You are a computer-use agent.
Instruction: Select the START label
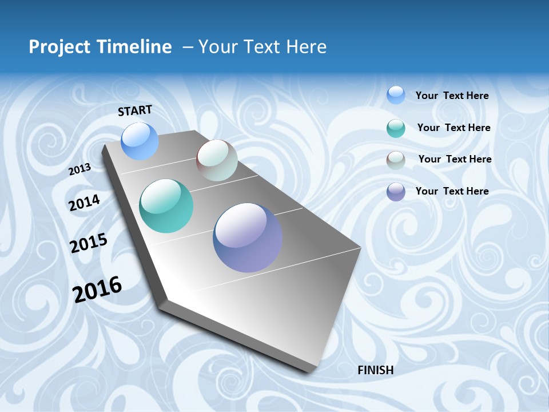pyautogui.click(x=135, y=110)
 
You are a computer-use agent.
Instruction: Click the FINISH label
pyautogui.click(x=376, y=370)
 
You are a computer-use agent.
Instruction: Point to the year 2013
pyautogui.click(x=80, y=169)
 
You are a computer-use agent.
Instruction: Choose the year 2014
pyautogui.click(x=85, y=203)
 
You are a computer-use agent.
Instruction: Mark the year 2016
pyautogui.click(x=97, y=290)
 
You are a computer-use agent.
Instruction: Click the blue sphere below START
pyautogui.click(x=140, y=141)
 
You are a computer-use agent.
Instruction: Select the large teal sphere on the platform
pyautogui.click(x=166, y=206)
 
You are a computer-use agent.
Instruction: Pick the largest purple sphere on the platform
pyautogui.click(x=248, y=237)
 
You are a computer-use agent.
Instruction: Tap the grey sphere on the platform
pyautogui.click(x=217, y=160)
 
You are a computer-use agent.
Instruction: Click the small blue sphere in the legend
pyautogui.click(x=396, y=95)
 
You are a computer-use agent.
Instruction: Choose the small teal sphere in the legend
pyautogui.click(x=396, y=128)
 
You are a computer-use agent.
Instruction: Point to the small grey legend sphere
pyautogui.click(x=396, y=160)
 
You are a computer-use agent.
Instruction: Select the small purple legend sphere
pyautogui.click(x=396, y=192)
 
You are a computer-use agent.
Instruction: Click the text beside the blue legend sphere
pyautogui.click(x=452, y=96)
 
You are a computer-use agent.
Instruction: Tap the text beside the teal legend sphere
pyautogui.click(x=453, y=128)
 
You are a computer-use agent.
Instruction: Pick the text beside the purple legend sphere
pyautogui.click(x=452, y=191)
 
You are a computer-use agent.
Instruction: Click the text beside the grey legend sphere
pyautogui.click(x=455, y=159)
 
